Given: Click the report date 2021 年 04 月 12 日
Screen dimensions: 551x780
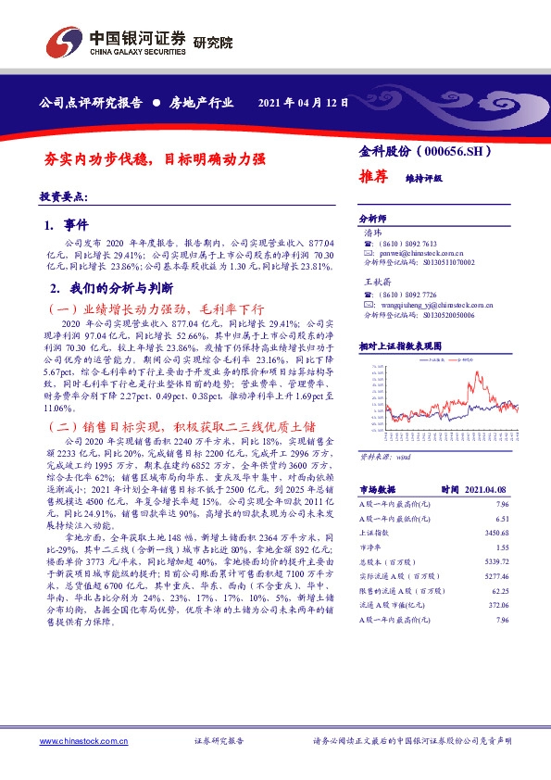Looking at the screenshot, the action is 303,103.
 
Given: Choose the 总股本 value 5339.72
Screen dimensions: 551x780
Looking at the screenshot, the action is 497,563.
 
